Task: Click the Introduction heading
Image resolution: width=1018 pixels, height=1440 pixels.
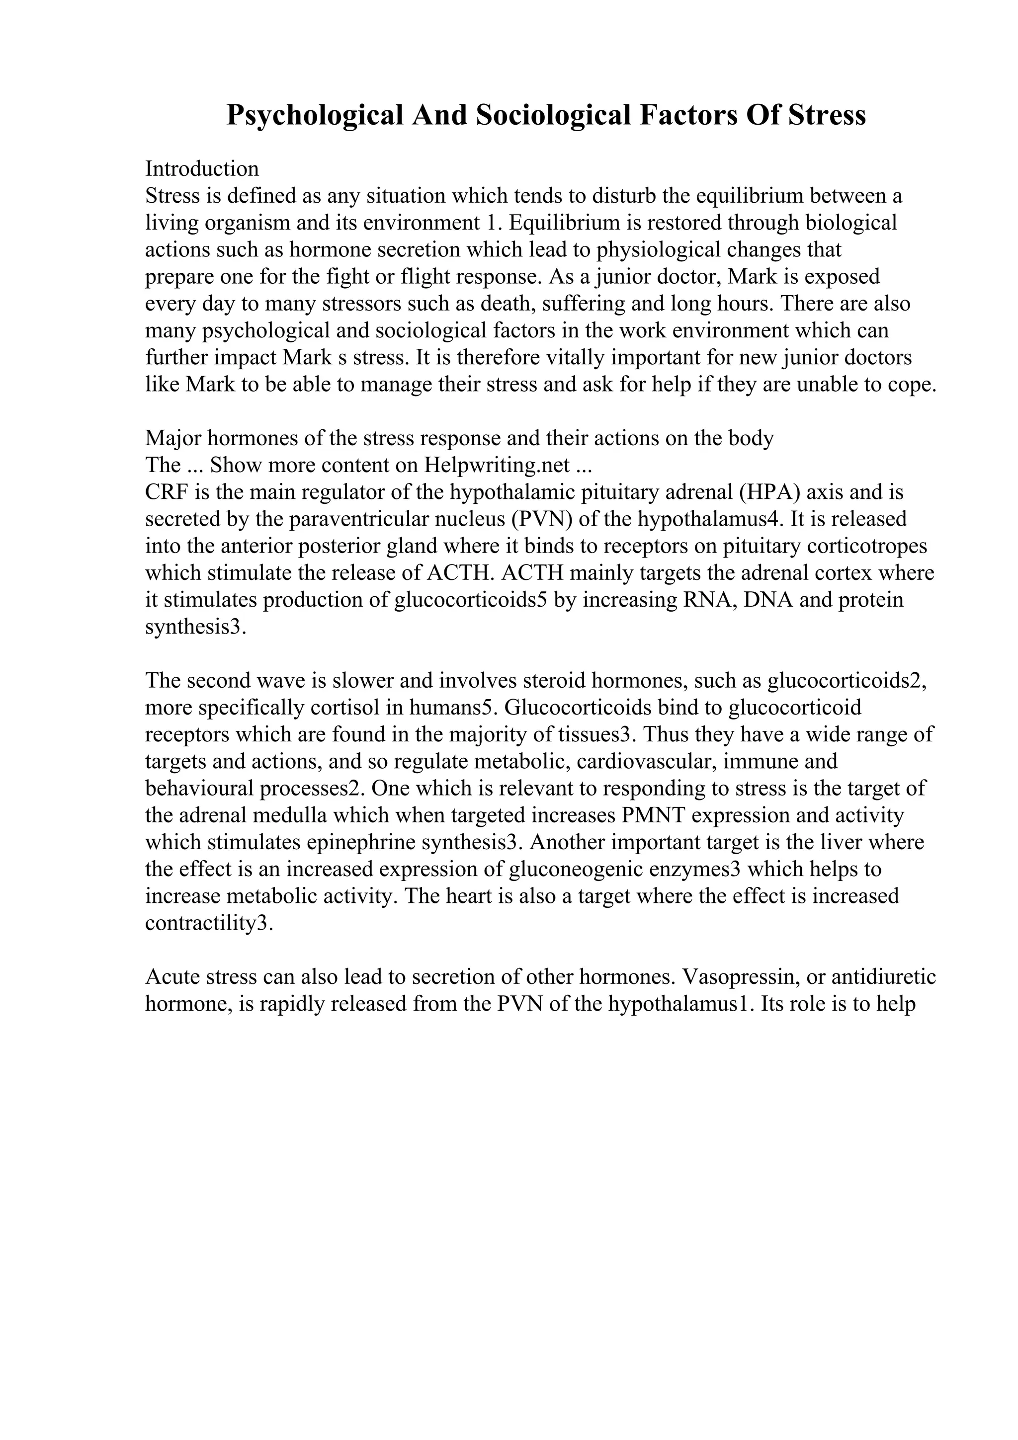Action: [x=201, y=169]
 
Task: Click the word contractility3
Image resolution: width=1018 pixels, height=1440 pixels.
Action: [x=209, y=923]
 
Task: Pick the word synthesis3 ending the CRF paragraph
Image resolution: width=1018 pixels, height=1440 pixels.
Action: [x=196, y=627]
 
